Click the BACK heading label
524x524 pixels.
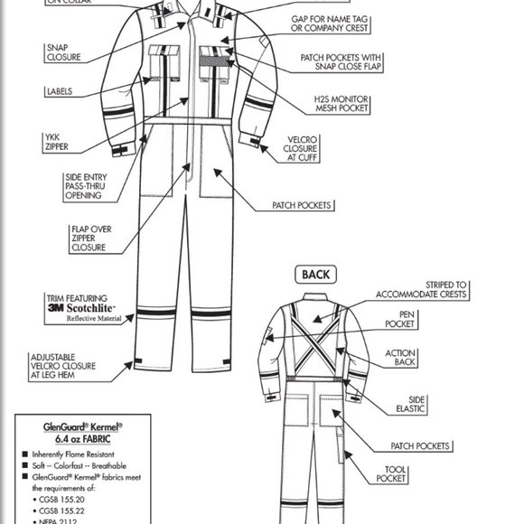pyautogui.click(x=315, y=275)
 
